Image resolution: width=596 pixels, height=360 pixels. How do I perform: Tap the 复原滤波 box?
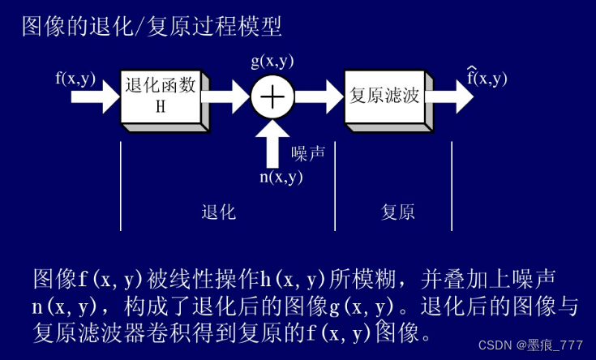[x=384, y=95]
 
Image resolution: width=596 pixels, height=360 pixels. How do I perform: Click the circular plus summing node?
[x=272, y=96]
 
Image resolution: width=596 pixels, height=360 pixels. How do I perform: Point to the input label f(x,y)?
[x=75, y=79]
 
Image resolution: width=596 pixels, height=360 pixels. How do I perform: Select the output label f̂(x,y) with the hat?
[x=487, y=78]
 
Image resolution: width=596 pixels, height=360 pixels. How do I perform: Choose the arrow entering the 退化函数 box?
[x=95, y=96]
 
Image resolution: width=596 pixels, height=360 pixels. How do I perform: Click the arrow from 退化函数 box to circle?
[x=227, y=96]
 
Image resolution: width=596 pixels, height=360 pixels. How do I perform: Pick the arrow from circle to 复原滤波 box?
[x=318, y=96]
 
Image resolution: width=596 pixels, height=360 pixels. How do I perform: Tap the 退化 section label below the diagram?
[x=218, y=212]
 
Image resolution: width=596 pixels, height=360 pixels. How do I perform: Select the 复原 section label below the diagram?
[x=398, y=212]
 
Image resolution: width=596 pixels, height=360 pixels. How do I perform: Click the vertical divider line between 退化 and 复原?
[x=335, y=186]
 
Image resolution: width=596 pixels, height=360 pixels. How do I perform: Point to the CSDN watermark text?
[x=531, y=345]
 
